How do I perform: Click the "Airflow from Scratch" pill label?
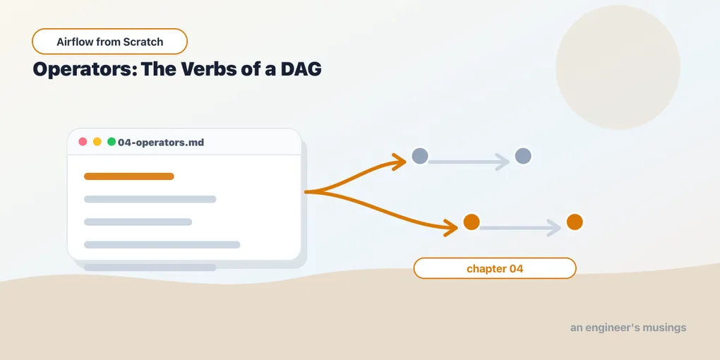(x=109, y=42)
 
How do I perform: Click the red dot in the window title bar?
(x=83, y=141)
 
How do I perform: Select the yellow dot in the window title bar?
(x=97, y=141)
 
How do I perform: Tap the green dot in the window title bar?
(x=112, y=141)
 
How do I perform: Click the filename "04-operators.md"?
(x=161, y=143)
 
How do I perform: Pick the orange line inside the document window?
(x=129, y=176)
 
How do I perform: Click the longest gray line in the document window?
(x=162, y=245)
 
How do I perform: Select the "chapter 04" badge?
(x=495, y=268)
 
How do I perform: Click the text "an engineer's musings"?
(x=628, y=328)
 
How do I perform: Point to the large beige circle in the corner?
(x=618, y=67)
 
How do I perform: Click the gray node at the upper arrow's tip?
(x=420, y=156)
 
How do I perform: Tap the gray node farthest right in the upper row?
(x=523, y=156)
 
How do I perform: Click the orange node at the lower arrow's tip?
(x=472, y=222)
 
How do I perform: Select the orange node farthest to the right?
(x=575, y=222)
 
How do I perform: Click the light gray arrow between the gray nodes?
(x=469, y=162)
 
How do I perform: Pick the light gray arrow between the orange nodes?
(x=520, y=228)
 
